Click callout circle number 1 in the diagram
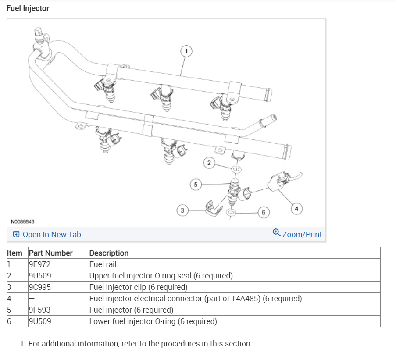[x=186, y=51]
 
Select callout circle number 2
[x=209, y=163]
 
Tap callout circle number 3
[x=182, y=210]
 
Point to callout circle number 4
[x=297, y=209]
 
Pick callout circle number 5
[x=196, y=185]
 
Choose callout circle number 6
[x=263, y=213]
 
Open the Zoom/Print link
[x=302, y=235]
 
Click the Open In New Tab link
[x=52, y=235]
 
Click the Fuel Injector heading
[x=28, y=8]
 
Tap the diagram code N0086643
[x=23, y=221]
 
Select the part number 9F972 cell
[x=40, y=264]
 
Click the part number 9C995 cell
[x=40, y=287]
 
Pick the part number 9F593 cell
[x=40, y=310]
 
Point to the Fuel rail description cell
[x=103, y=264]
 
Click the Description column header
[x=109, y=253]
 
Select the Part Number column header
[x=50, y=253]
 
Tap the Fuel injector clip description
[x=138, y=287]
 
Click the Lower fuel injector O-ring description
[x=153, y=321]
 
